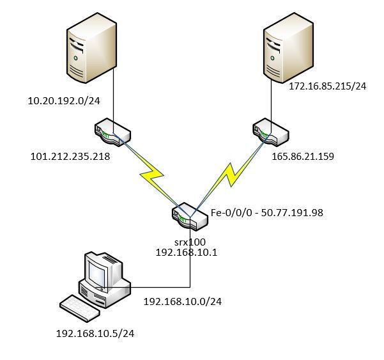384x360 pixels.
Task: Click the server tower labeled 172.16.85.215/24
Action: coord(289,49)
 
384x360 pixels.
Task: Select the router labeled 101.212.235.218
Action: coord(112,134)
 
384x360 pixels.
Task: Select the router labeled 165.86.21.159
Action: coord(270,133)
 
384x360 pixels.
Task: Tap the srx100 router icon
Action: coord(190,217)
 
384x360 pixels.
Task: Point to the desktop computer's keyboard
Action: coord(79,309)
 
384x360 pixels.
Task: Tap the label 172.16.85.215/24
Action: coord(326,86)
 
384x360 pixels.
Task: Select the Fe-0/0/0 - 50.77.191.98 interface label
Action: coord(267,212)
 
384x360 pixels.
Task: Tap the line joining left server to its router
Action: coord(113,96)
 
